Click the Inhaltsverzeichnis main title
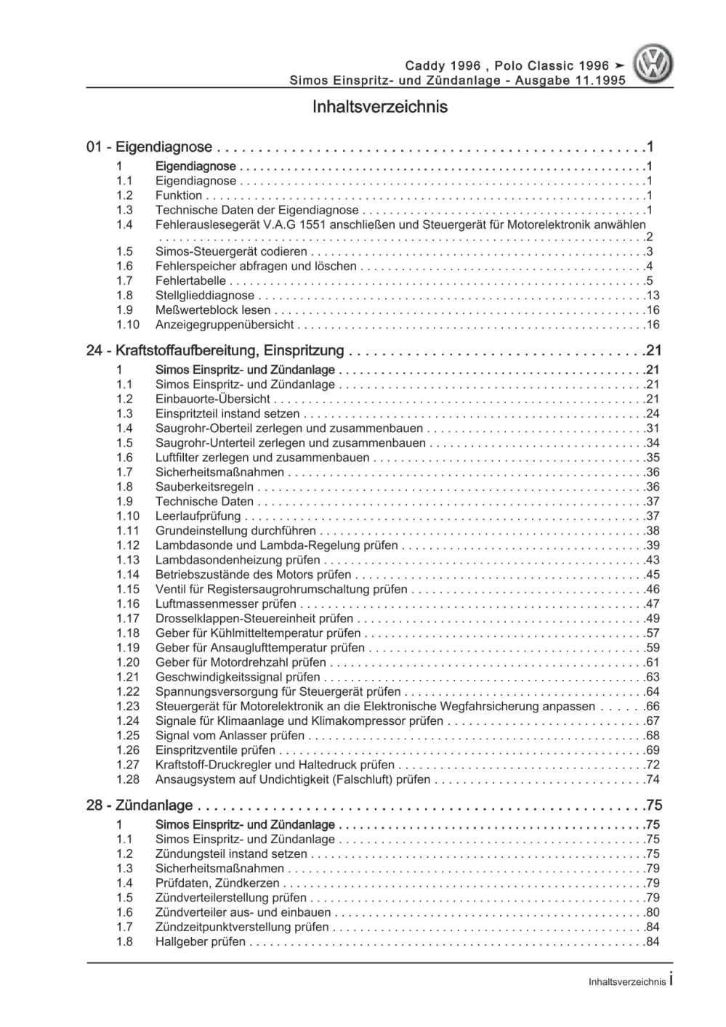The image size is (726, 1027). click(x=379, y=107)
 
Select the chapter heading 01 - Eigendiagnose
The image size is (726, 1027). click(x=149, y=147)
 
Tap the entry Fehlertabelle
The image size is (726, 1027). click(x=190, y=281)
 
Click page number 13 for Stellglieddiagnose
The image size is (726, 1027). click(x=652, y=296)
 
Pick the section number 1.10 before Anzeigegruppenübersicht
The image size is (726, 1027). click(x=127, y=325)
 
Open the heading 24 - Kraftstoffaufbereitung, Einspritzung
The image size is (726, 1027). click(x=215, y=351)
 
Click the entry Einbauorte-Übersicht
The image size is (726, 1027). click(x=212, y=399)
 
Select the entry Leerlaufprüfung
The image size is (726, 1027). click(x=198, y=516)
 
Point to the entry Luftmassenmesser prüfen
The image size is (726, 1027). click(x=225, y=604)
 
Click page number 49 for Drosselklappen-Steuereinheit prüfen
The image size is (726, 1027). click(x=652, y=619)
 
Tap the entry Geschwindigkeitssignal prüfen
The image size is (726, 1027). click(x=238, y=677)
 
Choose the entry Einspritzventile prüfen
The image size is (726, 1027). click(x=215, y=750)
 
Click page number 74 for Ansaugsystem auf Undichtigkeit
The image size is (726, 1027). click(x=652, y=779)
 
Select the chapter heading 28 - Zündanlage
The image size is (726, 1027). click(x=140, y=805)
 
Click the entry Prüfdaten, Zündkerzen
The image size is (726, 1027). click(x=217, y=883)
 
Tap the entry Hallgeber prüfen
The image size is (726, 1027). click(x=201, y=942)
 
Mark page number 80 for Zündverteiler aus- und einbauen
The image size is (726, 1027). click(x=652, y=912)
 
